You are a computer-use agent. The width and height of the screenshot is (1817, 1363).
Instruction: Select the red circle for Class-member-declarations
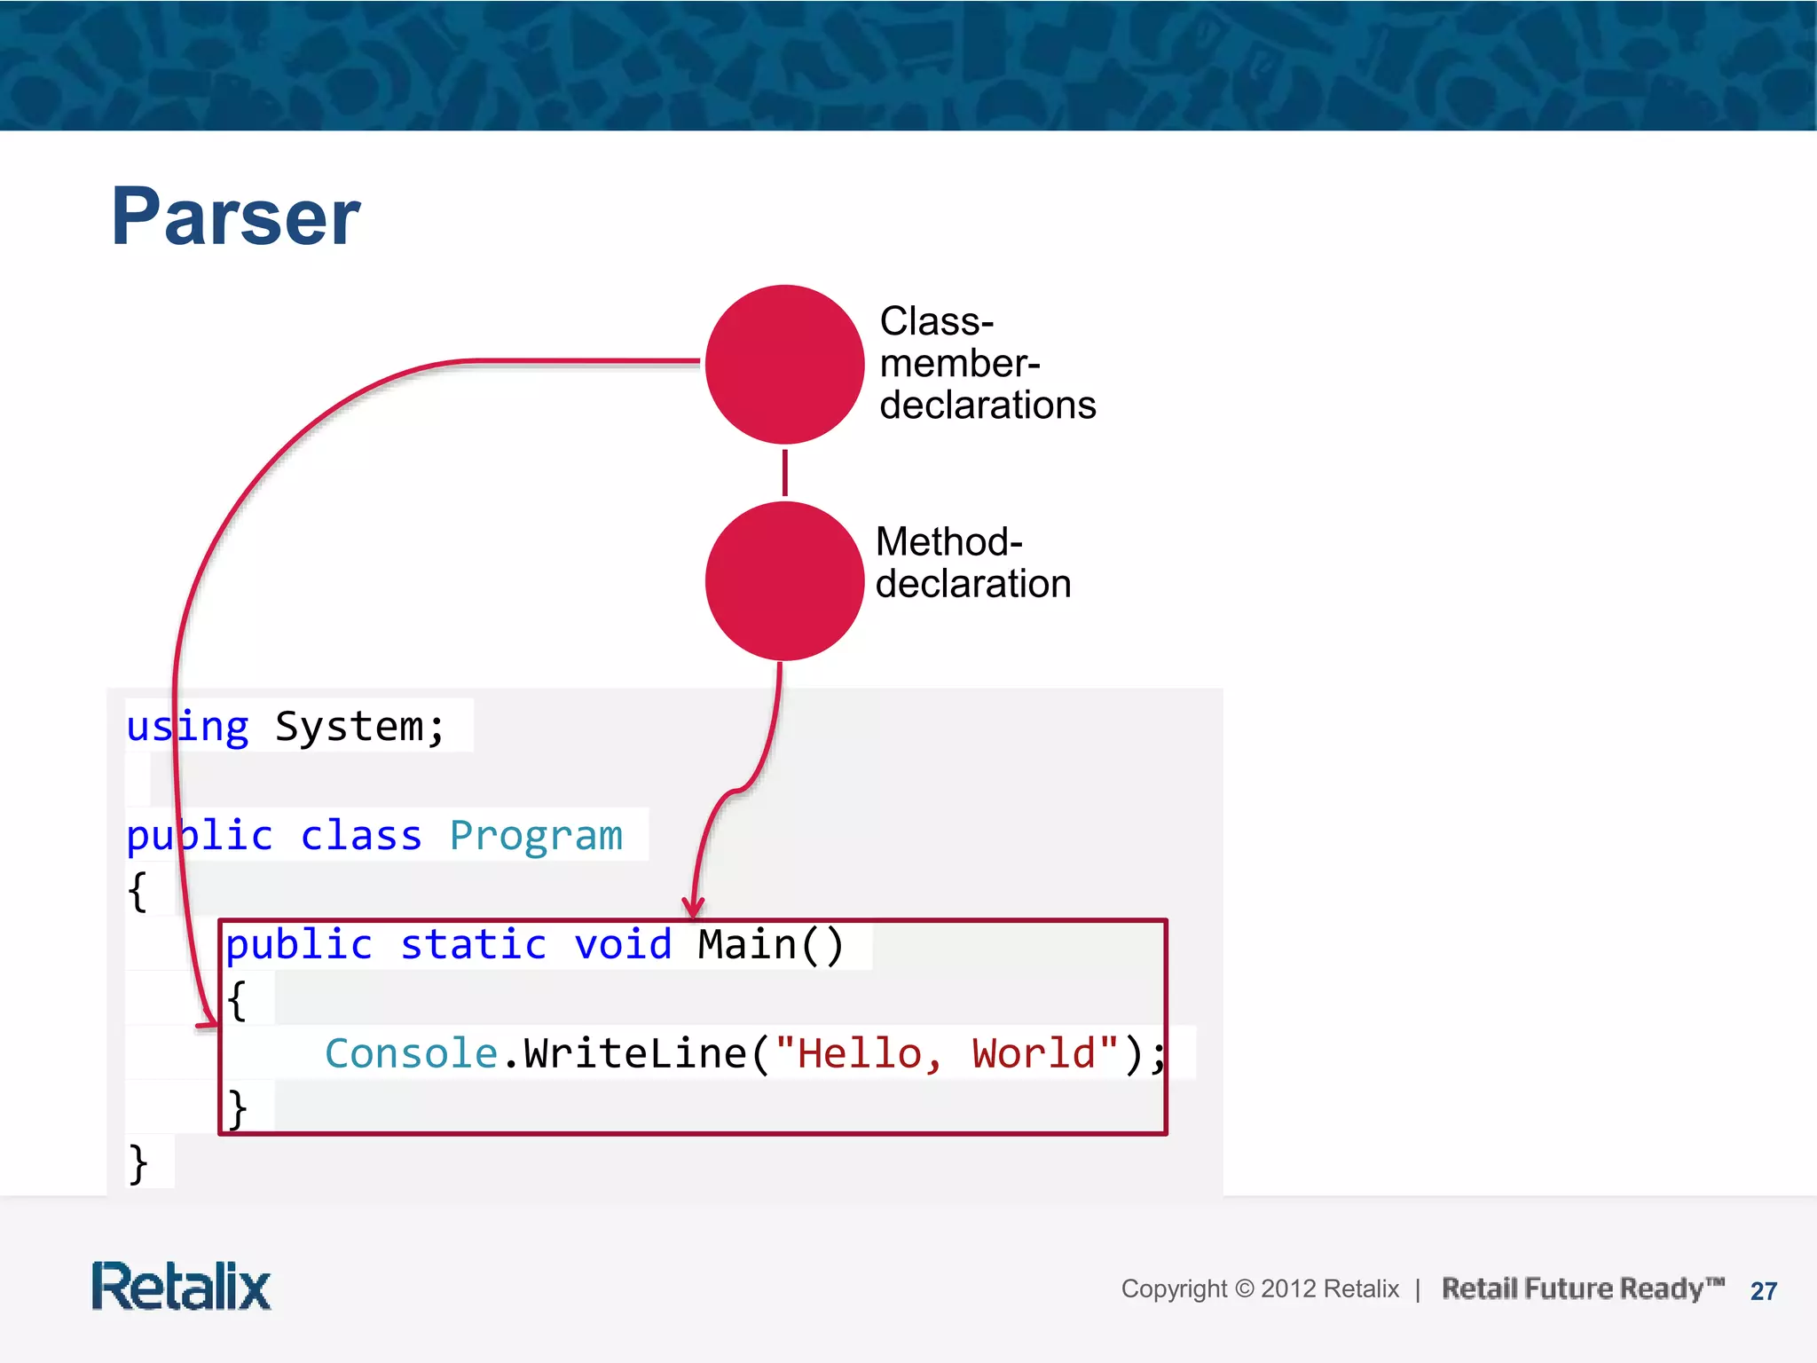point(784,364)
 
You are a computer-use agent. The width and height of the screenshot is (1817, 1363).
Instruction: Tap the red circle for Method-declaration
point(784,581)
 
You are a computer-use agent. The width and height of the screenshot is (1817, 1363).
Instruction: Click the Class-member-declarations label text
point(987,363)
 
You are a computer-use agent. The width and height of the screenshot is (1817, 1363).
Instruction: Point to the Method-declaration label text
point(972,563)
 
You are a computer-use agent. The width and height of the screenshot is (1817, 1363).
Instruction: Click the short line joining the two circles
point(785,472)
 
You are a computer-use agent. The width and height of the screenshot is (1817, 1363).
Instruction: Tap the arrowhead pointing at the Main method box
point(693,908)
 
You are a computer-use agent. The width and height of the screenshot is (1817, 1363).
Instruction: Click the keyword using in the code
point(187,727)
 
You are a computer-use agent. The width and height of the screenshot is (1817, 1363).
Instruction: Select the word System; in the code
point(359,727)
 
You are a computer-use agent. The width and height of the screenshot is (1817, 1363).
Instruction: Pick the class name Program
point(536,836)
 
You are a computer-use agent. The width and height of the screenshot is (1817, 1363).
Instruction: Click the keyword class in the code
point(360,836)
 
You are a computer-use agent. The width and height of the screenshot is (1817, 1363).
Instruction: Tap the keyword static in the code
point(473,944)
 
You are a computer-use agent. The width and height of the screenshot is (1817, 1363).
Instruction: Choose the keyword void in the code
point(623,944)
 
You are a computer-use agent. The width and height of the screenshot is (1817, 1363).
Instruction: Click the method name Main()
point(770,944)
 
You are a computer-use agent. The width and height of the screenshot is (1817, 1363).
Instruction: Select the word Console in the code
point(411,1053)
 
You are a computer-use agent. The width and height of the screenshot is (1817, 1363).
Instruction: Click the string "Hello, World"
point(946,1053)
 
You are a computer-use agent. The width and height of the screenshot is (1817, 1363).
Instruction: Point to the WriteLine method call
point(634,1053)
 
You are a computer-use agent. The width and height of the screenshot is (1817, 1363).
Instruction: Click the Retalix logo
point(181,1287)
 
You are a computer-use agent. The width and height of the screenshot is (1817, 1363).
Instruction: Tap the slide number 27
point(1763,1291)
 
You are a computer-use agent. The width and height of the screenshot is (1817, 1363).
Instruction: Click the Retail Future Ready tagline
point(1582,1288)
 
